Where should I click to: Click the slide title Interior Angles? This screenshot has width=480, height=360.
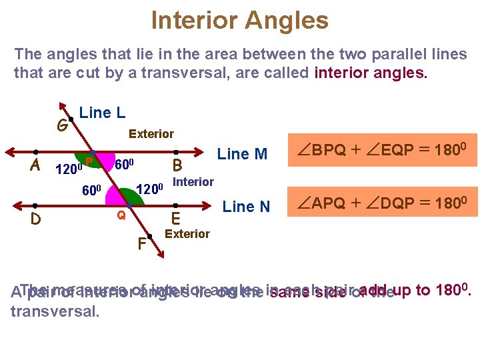[239, 20]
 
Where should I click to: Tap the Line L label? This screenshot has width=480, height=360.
[102, 113]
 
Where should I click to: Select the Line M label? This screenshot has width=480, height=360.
[242, 155]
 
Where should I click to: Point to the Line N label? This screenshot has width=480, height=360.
[246, 207]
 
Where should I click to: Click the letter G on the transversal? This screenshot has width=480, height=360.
[61, 125]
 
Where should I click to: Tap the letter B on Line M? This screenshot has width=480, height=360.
[177, 165]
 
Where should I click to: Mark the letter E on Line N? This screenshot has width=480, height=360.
[176, 219]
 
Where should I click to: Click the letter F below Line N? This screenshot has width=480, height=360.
[141, 244]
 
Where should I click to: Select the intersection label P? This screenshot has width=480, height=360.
[89, 161]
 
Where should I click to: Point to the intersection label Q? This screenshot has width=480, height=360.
[121, 215]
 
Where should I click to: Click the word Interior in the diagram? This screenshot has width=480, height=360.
[193, 182]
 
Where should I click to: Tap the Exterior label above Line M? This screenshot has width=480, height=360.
[151, 134]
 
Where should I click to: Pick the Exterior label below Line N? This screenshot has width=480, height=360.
[187, 233]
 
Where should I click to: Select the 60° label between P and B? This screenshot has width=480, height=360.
[125, 164]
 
